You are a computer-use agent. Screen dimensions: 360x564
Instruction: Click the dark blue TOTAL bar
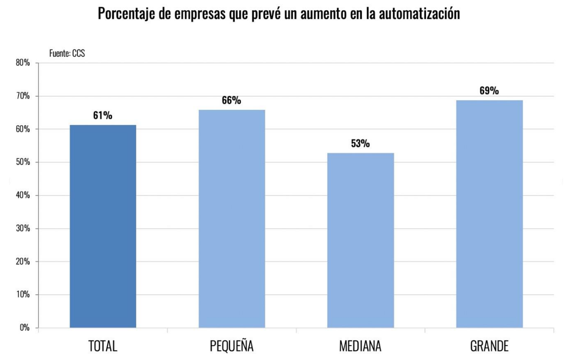coord(103,226)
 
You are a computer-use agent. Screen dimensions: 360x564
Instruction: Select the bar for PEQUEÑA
coord(232,218)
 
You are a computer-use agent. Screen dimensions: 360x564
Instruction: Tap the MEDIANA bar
coord(361,240)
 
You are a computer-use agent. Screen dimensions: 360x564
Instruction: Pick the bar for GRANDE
coord(489,214)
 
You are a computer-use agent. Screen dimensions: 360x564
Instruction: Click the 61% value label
coord(103,116)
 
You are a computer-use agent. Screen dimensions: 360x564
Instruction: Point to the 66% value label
coord(232,101)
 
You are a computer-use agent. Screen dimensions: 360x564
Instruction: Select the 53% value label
coord(361,144)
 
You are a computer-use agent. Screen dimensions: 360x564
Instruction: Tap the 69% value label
coord(489,91)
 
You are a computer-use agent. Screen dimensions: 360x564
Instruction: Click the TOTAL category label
coord(103,346)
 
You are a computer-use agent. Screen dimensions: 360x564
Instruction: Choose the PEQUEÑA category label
coord(232,346)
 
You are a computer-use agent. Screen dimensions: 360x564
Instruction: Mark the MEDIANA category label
coord(361,346)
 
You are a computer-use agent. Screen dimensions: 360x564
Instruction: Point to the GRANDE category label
coord(489,346)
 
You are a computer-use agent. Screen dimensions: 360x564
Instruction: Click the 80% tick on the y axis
coord(22,63)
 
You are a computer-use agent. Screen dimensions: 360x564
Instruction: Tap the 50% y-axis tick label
coord(22,162)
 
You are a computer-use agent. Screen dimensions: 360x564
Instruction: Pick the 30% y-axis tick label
coord(22,228)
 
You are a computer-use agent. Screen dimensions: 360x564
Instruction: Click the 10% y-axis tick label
coord(22,295)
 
